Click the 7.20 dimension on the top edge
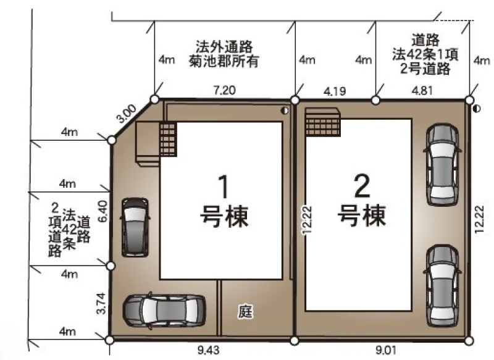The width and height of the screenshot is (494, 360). click(x=224, y=90)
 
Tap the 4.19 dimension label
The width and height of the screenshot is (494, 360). click(x=335, y=91)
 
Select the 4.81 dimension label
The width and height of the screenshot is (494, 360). click(x=422, y=90)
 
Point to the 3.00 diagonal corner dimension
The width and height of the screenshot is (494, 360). click(x=126, y=114)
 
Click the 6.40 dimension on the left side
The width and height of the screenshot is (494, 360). click(x=103, y=211)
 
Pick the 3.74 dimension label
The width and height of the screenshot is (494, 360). click(x=101, y=303)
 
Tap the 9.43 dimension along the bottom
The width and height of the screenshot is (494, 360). click(x=208, y=350)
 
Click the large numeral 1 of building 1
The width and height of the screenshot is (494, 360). click(x=224, y=187)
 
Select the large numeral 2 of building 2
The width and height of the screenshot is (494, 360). click(x=362, y=186)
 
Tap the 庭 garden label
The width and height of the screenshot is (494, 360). click(x=245, y=312)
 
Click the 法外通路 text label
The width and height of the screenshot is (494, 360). click(x=224, y=46)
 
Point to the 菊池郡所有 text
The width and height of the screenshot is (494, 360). click(x=224, y=61)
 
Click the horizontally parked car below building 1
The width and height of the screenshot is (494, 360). click(x=164, y=311)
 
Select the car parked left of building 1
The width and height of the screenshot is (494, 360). click(x=135, y=227)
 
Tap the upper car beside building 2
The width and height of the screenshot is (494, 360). click(x=442, y=164)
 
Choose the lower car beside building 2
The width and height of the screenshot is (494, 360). click(x=442, y=286)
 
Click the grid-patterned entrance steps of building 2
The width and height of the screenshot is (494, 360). click(x=322, y=122)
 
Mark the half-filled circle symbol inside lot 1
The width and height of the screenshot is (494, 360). click(x=285, y=111)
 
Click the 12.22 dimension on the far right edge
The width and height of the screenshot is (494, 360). click(x=479, y=219)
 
